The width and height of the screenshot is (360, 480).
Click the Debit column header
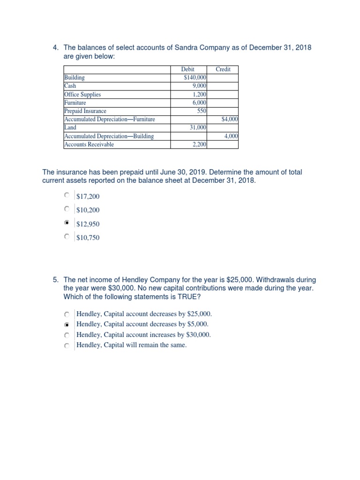click(187, 69)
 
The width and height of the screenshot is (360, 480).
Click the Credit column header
click(223, 69)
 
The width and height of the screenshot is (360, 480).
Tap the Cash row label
click(70, 86)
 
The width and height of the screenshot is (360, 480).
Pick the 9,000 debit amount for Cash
click(200, 86)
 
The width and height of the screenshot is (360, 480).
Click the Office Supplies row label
click(82, 94)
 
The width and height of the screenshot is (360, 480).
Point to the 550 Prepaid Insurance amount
click(202, 111)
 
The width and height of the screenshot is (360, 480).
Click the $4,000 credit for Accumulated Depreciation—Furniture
click(230, 120)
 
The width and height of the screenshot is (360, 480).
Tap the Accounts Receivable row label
click(89, 144)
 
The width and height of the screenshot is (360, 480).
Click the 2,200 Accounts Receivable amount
click(200, 144)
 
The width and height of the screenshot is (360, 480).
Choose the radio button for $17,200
click(67, 195)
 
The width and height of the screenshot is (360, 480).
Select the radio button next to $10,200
click(67, 210)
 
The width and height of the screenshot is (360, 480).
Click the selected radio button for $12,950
click(67, 224)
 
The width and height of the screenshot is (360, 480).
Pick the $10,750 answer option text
click(88, 238)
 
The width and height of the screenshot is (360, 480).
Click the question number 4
click(55, 48)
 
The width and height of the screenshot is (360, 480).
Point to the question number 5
click(55, 280)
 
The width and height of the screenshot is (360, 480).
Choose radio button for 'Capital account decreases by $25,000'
click(67, 314)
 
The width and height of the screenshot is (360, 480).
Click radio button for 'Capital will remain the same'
click(67, 345)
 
